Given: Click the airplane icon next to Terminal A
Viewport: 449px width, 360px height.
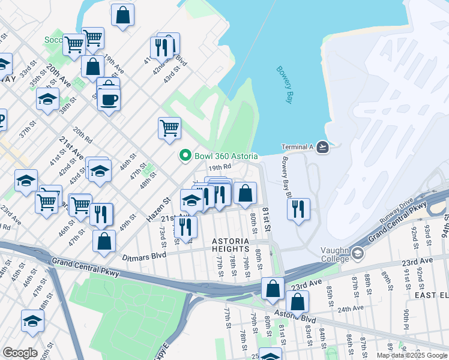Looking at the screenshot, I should click(x=323, y=147).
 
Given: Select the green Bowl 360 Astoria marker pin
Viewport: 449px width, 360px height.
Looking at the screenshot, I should click(x=185, y=156).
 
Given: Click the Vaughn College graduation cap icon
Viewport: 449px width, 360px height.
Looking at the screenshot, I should click(x=358, y=253).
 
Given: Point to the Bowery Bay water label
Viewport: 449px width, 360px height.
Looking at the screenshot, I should click(x=283, y=84).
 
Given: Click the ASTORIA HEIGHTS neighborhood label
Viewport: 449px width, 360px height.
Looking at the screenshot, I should click(x=230, y=245).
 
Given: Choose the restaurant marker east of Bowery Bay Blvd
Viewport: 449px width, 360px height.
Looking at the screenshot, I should click(x=298, y=209).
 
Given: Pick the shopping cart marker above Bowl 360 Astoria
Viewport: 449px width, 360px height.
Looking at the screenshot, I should click(x=170, y=127).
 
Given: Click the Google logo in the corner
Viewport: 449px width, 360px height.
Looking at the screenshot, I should click(x=19, y=353).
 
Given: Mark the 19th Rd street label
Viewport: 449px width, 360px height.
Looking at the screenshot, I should click(x=220, y=167).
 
